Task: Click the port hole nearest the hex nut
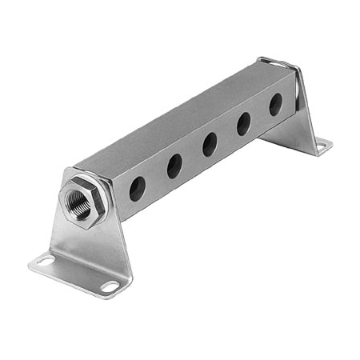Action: point(138,189)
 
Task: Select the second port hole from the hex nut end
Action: point(174,166)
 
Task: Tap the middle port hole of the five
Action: point(210,144)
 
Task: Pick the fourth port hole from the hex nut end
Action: point(243,123)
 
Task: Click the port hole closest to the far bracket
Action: point(275,104)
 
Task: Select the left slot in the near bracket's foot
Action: point(44,260)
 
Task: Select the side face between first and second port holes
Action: point(156,178)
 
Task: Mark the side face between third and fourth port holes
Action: point(226,134)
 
